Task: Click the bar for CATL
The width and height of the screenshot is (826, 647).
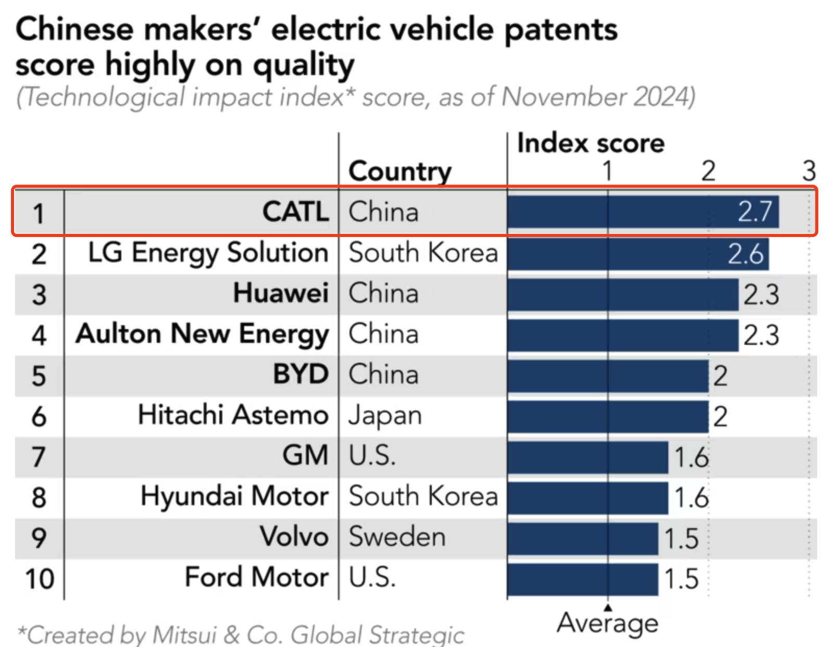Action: click(643, 212)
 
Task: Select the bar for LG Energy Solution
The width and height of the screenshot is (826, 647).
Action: click(637, 253)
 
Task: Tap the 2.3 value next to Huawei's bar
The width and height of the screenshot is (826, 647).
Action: click(761, 294)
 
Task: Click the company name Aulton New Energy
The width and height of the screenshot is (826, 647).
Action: click(202, 334)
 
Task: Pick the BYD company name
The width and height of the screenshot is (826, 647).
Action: click(301, 375)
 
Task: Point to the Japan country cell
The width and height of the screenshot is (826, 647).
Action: click(385, 416)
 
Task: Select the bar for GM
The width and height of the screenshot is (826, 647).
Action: click(587, 457)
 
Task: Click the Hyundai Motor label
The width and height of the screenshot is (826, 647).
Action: click(234, 496)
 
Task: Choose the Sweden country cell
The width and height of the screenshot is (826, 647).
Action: click(397, 537)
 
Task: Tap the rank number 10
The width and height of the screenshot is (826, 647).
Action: click(40, 579)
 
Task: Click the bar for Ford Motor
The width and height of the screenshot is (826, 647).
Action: click(582, 579)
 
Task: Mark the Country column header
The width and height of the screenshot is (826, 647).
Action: click(400, 171)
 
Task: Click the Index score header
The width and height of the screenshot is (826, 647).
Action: click(591, 143)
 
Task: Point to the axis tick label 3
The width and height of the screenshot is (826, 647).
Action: click(808, 171)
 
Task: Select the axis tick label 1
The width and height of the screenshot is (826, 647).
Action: click(607, 171)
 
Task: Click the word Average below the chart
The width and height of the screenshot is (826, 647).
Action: click(607, 623)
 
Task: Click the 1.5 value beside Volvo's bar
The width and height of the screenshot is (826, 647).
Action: click(681, 538)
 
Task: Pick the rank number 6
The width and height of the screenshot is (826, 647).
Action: click(39, 416)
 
